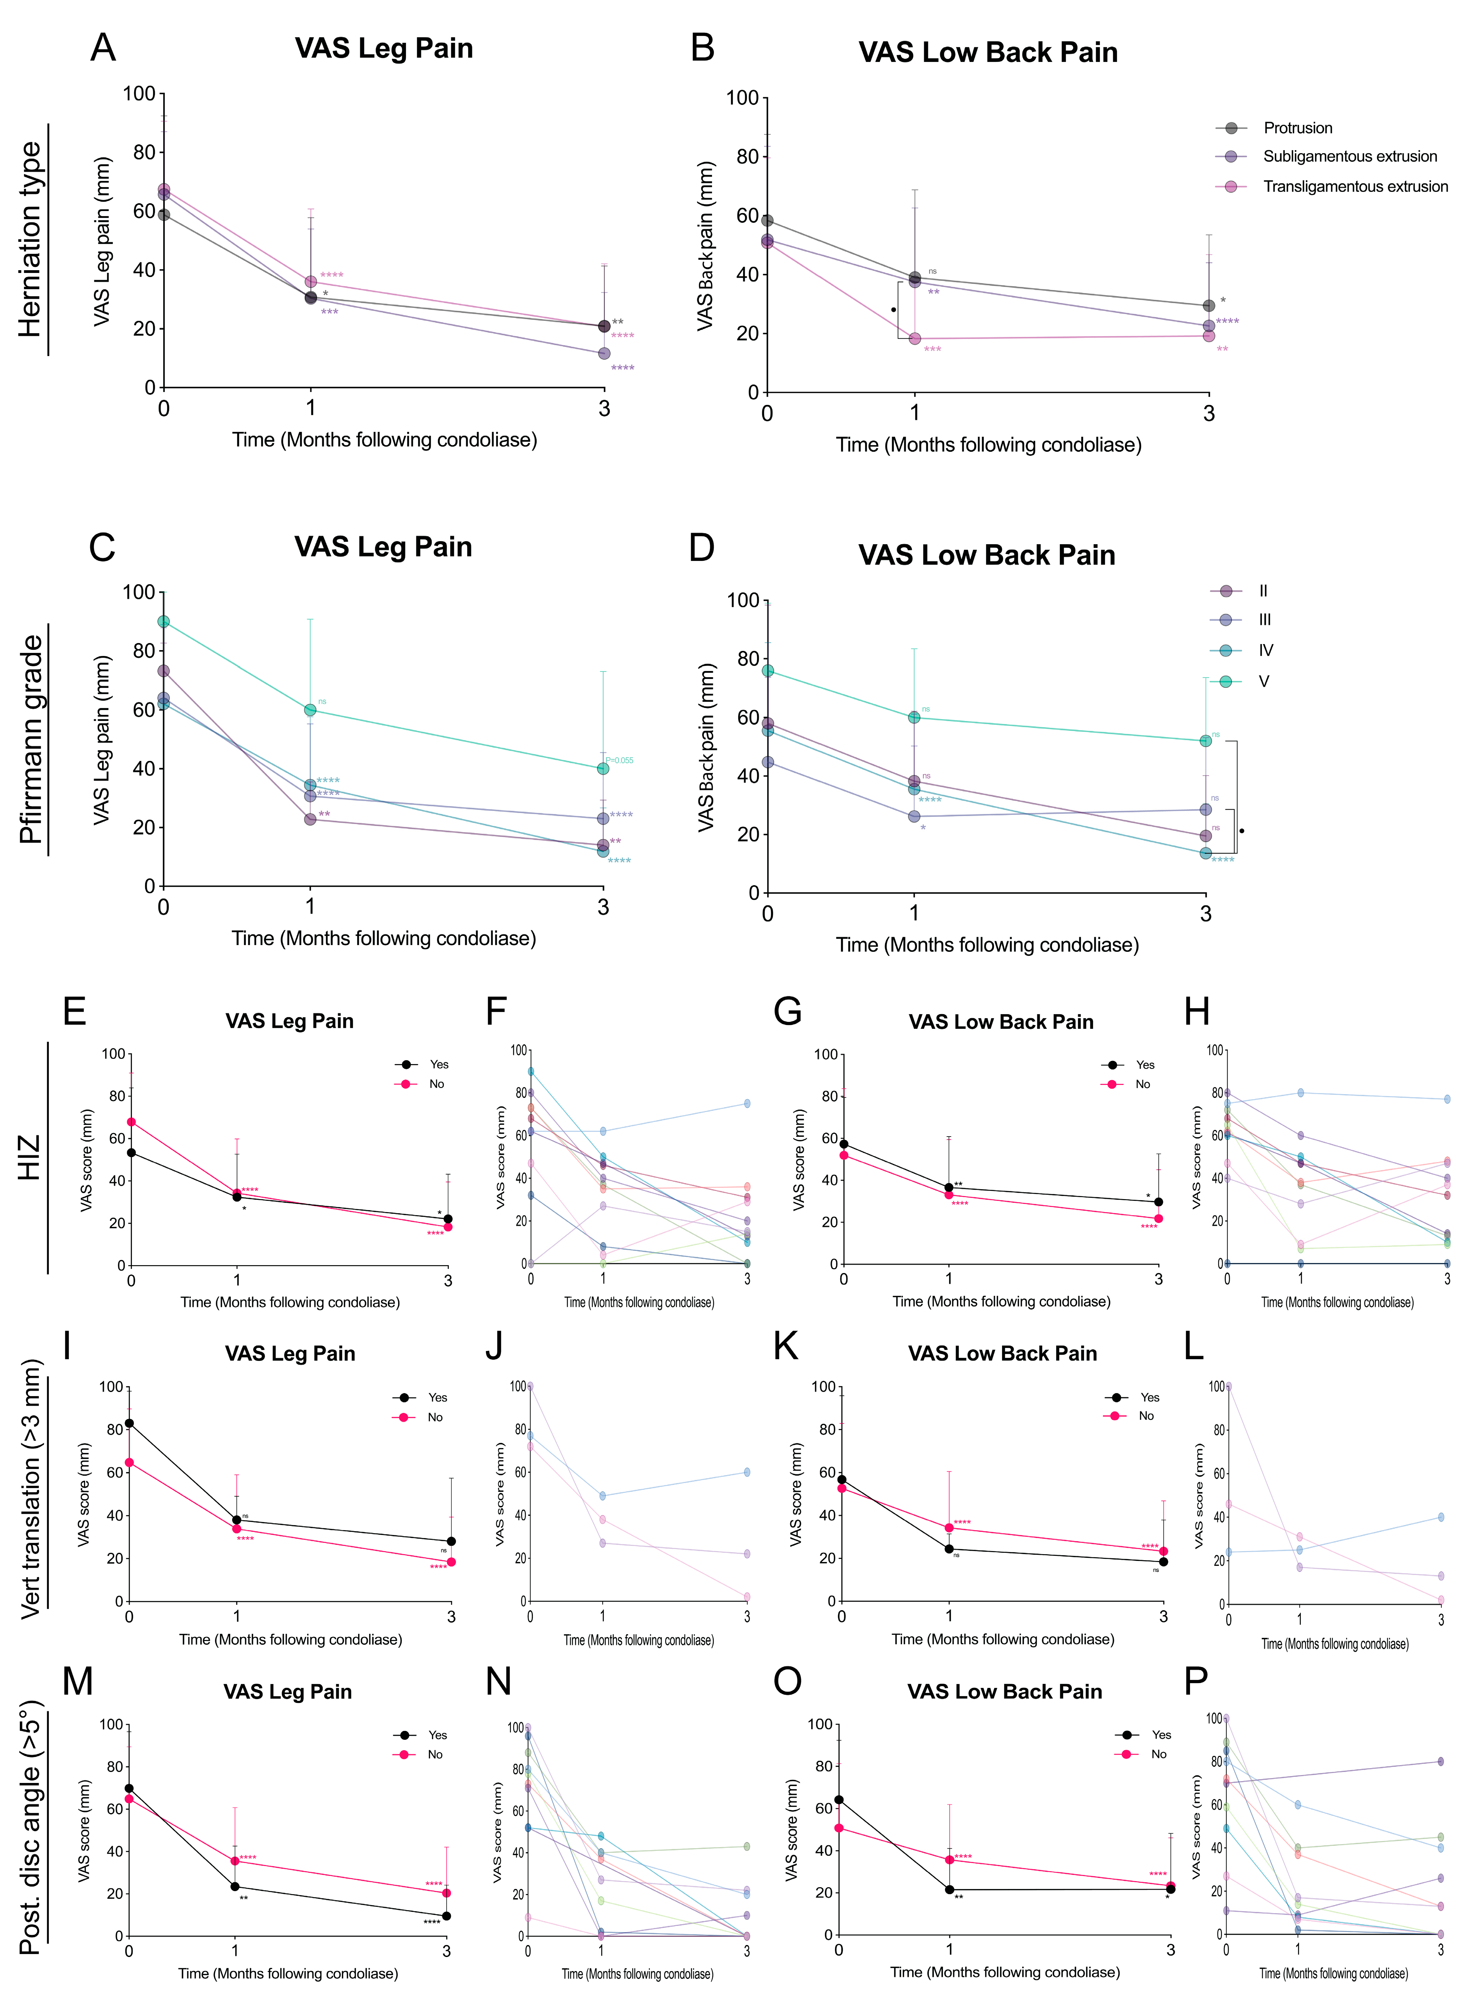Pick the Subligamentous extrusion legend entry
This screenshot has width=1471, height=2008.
(x=1349, y=157)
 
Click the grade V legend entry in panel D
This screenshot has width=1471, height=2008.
(x=1263, y=682)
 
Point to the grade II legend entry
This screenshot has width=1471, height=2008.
(x=1263, y=591)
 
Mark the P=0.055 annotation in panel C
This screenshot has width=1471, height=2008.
(x=620, y=760)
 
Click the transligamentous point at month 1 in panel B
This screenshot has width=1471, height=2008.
(x=915, y=339)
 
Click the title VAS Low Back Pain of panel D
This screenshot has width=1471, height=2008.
(x=987, y=555)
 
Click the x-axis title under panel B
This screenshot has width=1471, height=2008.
(x=988, y=445)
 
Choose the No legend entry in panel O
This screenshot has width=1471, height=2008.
(x=1158, y=1754)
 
